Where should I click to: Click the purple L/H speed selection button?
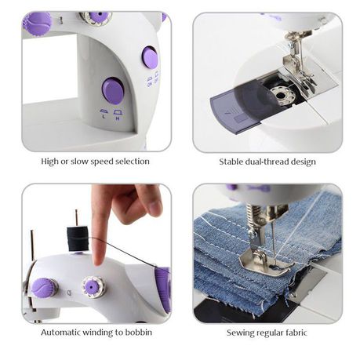[113, 90]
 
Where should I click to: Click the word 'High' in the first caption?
[50, 162]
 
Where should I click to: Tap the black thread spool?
[78, 239]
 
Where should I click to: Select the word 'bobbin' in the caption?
[139, 333]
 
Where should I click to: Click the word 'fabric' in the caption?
[295, 333]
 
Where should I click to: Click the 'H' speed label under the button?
[118, 118]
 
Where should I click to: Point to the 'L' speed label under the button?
[104, 117]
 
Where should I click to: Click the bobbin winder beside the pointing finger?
[93, 287]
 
